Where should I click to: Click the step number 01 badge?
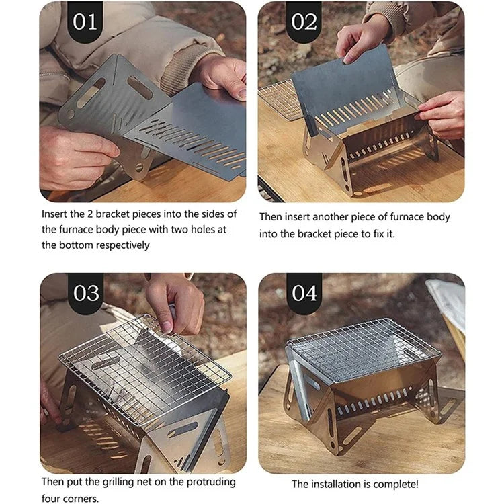tap(85, 22)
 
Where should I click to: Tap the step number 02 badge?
tap(304, 22)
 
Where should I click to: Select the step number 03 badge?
tap(85, 293)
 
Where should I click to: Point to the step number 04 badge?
tap(304, 293)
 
